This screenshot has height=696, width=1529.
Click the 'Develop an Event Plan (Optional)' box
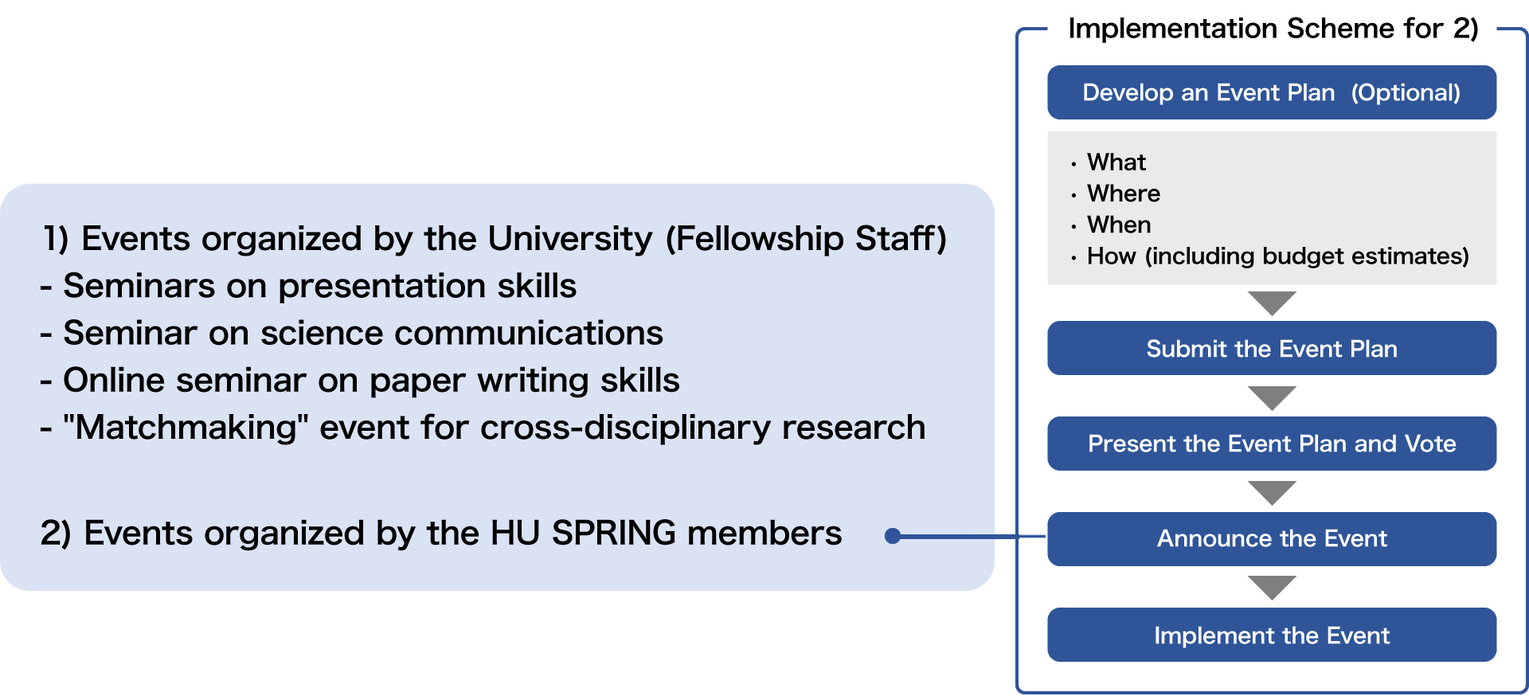click(1272, 92)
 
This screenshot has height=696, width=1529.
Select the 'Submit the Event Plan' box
click(1272, 348)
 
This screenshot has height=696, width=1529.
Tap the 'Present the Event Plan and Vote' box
click(1272, 444)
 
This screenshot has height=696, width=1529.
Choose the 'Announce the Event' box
click(1272, 539)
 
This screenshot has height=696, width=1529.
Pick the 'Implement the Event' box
click(1272, 635)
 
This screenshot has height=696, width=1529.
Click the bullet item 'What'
click(1116, 162)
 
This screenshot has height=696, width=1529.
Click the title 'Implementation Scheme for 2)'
click(1273, 29)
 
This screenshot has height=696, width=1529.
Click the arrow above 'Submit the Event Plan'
click(1273, 303)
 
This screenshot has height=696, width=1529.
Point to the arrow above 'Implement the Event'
click(1273, 588)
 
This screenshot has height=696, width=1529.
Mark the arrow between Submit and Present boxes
click(1273, 398)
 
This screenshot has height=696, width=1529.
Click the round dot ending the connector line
click(893, 536)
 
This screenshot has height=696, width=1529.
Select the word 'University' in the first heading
click(570, 239)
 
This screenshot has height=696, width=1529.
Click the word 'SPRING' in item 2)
click(614, 533)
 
